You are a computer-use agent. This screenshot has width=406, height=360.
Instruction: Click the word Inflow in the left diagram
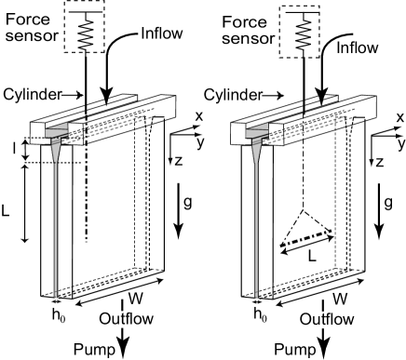click(x=162, y=33)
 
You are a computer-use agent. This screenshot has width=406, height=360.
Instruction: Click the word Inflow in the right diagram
click(x=358, y=47)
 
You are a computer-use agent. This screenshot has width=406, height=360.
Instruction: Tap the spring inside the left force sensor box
click(x=86, y=31)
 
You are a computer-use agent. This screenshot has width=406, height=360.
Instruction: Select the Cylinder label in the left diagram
click(x=33, y=94)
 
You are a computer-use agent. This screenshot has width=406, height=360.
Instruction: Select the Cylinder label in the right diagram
click(x=234, y=95)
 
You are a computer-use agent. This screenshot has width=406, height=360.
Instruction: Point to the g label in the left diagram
click(x=187, y=203)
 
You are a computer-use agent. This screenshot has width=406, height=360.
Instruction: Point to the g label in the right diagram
click(x=388, y=203)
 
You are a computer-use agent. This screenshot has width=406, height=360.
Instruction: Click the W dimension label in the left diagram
click(x=136, y=299)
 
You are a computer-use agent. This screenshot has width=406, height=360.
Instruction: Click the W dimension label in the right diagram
click(x=340, y=299)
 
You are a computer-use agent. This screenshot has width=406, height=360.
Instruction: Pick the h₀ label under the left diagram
click(x=59, y=315)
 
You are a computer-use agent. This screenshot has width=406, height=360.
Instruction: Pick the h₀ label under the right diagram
click(x=260, y=314)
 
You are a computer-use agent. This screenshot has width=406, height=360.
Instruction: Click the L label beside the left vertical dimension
click(x=6, y=211)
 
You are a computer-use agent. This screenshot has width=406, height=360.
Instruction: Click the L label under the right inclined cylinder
click(x=312, y=256)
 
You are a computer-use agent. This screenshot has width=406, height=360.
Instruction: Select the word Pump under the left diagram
click(x=94, y=350)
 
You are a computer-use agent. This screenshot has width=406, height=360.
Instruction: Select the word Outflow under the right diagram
click(x=327, y=319)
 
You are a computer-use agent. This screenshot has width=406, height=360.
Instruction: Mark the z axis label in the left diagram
click(x=178, y=161)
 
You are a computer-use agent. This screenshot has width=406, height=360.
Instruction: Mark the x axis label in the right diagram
click(x=400, y=117)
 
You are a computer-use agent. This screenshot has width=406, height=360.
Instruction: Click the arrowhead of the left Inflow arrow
click(x=107, y=97)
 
